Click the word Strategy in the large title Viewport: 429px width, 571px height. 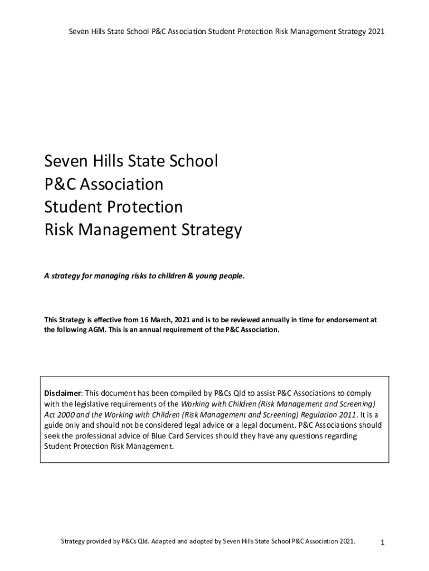pos(209,230)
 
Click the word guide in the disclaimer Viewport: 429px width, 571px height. pos(55,425)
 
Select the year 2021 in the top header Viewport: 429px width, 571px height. pos(376,32)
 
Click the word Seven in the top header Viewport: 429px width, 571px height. pos(79,32)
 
